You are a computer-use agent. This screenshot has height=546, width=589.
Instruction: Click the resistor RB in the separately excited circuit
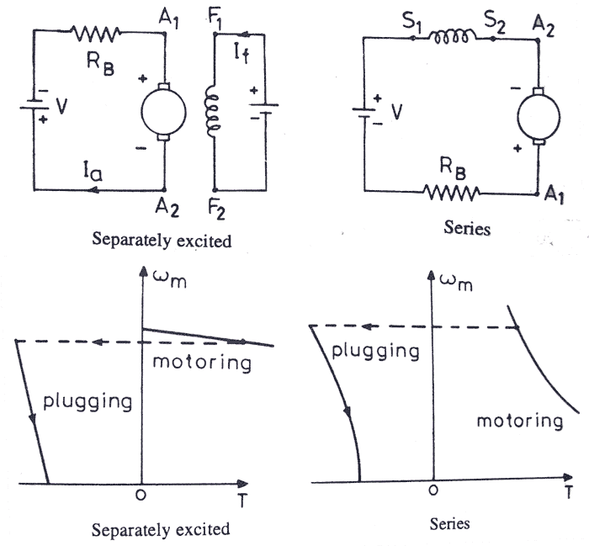[x=97, y=34]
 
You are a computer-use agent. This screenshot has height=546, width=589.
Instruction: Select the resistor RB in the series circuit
[x=450, y=192]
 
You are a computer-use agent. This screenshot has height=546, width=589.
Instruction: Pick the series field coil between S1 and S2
[x=452, y=37]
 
